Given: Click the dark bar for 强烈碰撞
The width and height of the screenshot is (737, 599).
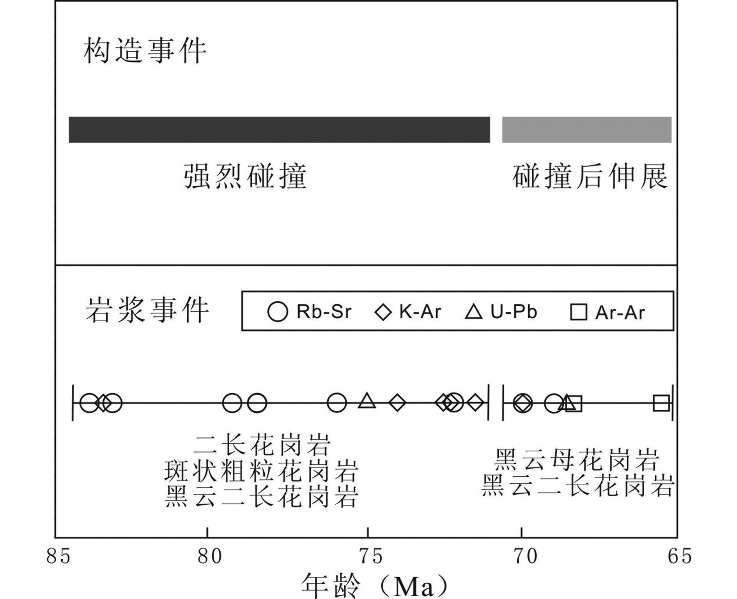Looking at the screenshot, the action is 279,130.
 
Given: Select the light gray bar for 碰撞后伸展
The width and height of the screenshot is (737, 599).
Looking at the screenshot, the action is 586,130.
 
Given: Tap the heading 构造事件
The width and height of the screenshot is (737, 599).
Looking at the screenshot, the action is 145,51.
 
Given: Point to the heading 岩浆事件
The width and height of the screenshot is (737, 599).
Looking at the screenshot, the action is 147,311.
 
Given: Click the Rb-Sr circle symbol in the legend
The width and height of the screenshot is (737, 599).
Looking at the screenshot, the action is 278,312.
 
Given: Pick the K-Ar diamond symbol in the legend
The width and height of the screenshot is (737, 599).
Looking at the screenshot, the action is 383,312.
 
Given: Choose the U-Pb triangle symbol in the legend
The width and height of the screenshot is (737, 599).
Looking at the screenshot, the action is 474,312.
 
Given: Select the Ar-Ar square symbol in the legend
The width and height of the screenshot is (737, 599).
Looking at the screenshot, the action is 578,312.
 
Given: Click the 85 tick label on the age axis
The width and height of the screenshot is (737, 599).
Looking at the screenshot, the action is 58,556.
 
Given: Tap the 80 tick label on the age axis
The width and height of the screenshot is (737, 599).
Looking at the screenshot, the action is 209,556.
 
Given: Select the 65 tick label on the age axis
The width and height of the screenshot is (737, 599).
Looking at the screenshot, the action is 679,556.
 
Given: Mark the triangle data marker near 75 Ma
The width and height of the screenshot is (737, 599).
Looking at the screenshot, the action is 367,401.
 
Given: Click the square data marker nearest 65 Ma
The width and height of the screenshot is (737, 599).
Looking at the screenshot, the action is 661,403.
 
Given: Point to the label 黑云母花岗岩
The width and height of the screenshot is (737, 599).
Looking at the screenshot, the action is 576,460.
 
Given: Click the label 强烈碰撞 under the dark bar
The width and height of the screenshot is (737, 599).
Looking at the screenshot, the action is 245,176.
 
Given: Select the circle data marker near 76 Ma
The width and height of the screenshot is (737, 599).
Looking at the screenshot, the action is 337,403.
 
